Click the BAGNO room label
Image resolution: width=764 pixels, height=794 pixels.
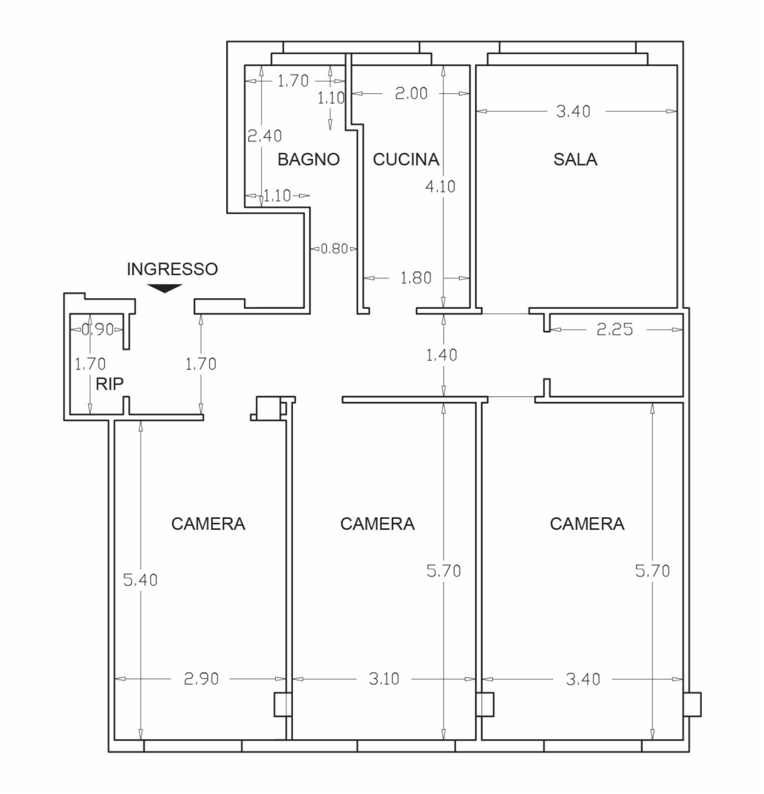point(308,159)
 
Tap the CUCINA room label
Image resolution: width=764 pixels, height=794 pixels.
point(406,159)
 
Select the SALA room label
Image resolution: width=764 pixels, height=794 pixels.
point(575,159)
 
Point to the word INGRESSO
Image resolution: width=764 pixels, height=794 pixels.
point(172,269)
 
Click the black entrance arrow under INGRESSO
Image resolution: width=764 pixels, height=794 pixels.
point(164,288)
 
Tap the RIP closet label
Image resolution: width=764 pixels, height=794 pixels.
point(109,384)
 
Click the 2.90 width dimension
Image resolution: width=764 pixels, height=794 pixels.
point(201,679)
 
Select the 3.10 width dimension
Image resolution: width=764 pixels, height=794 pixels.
point(383,679)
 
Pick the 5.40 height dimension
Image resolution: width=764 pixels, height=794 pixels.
point(141,580)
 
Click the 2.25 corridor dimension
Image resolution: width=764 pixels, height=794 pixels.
point(615,330)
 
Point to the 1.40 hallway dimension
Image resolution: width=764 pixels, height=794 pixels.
point(442,355)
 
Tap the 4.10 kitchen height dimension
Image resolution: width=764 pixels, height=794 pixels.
point(440,187)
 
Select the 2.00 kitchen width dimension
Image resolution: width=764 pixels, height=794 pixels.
point(411,93)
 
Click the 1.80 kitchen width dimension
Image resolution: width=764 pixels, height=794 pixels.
point(416,278)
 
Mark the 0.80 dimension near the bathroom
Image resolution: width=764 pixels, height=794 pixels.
point(334,249)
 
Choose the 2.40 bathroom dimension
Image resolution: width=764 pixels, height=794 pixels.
point(264,136)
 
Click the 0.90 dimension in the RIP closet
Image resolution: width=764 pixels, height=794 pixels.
point(98,330)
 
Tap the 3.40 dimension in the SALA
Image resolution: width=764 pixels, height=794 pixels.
point(573,111)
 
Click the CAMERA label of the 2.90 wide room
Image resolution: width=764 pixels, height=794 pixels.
point(208,524)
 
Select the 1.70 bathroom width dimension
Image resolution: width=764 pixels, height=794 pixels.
point(293,81)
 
